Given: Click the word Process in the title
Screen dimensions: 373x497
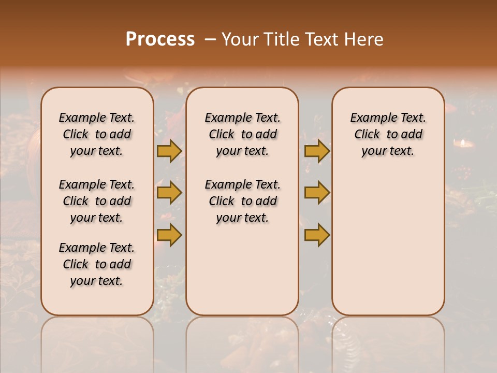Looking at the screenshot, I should (x=160, y=39).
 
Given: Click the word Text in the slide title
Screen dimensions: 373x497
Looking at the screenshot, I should (x=323, y=39).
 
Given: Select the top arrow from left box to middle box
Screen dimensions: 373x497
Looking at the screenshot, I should (x=169, y=151).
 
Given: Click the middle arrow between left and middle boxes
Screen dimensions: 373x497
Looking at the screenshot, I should (x=169, y=193).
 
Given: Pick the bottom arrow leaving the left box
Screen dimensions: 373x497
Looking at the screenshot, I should (x=169, y=235).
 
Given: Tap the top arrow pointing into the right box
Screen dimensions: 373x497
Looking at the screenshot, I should (x=317, y=151).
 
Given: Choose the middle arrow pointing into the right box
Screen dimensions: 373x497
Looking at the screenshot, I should (x=317, y=193).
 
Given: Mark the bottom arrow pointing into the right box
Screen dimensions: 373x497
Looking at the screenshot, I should (x=317, y=235).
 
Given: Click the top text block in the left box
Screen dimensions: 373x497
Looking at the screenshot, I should (x=97, y=134).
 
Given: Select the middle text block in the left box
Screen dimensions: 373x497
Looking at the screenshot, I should (x=97, y=201).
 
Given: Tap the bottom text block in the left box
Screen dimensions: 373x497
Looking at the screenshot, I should (x=97, y=264).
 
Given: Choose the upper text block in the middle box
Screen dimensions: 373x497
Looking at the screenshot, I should (x=242, y=134).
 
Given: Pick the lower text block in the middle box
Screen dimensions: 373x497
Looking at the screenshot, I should (x=242, y=201).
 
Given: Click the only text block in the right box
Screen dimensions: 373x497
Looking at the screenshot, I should (x=388, y=134).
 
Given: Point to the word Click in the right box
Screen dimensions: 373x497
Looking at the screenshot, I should (x=367, y=134).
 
